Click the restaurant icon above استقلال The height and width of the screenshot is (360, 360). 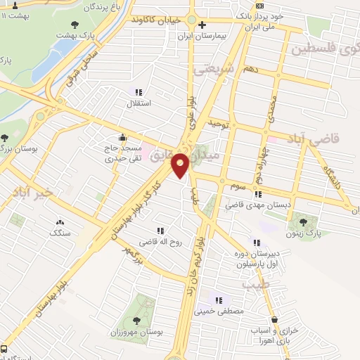[138, 92]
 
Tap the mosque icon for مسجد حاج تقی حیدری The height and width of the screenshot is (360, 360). [124, 137]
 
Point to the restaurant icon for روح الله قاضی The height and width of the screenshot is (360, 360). [161, 230]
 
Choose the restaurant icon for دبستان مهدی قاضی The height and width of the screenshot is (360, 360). [258, 194]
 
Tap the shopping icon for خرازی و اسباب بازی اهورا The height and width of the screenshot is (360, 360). [283, 319]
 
